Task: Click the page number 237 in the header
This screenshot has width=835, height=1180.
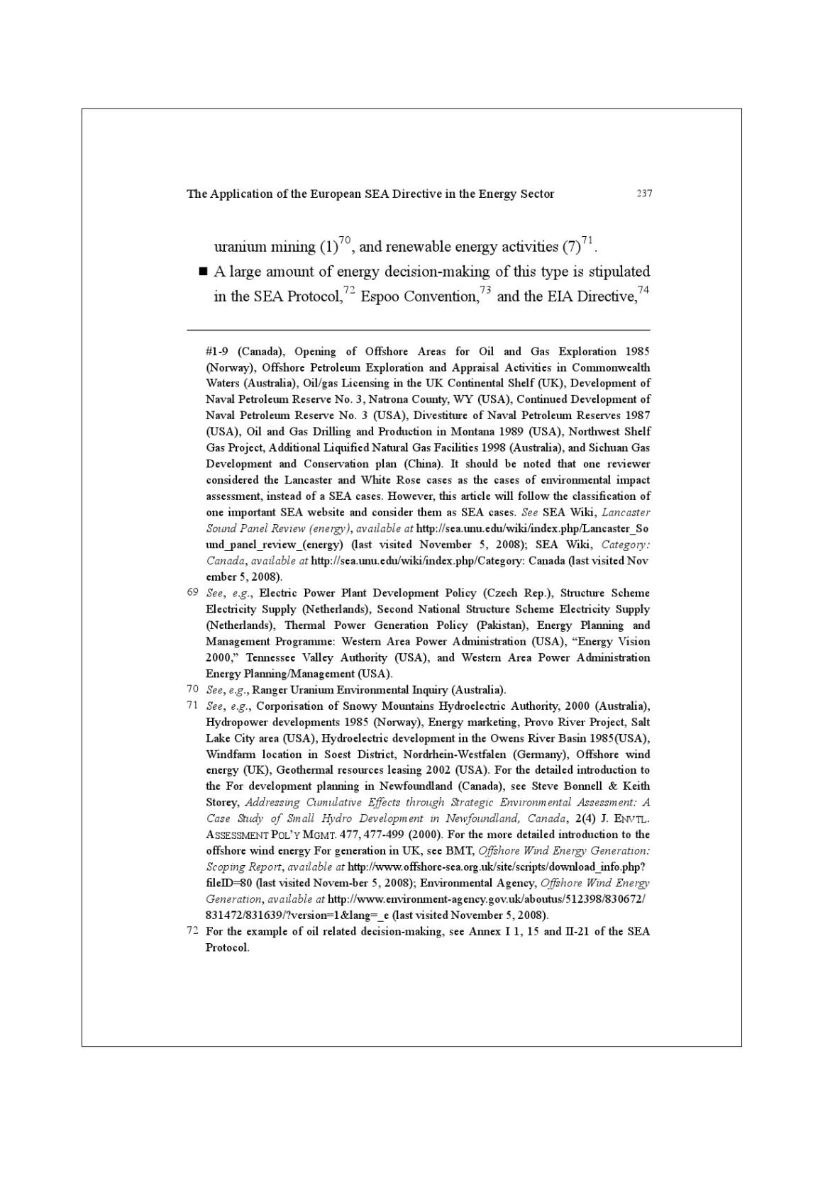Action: (643, 193)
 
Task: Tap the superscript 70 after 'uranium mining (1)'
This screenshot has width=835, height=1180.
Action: (345, 240)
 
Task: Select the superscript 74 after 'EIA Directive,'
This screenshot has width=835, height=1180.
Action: (643, 290)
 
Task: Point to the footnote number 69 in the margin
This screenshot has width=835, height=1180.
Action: (192, 592)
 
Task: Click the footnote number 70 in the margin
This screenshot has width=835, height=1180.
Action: (192, 689)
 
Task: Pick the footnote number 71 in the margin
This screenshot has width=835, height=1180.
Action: (192, 705)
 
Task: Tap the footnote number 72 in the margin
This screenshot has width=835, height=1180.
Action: (192, 930)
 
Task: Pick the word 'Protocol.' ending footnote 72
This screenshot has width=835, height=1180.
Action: (227, 947)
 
